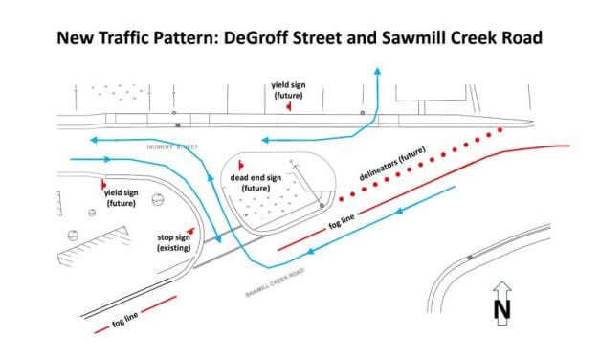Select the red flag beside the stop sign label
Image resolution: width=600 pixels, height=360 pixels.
191,230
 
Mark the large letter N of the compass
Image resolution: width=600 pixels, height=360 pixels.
500,309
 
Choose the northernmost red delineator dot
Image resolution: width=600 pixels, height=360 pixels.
499,129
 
